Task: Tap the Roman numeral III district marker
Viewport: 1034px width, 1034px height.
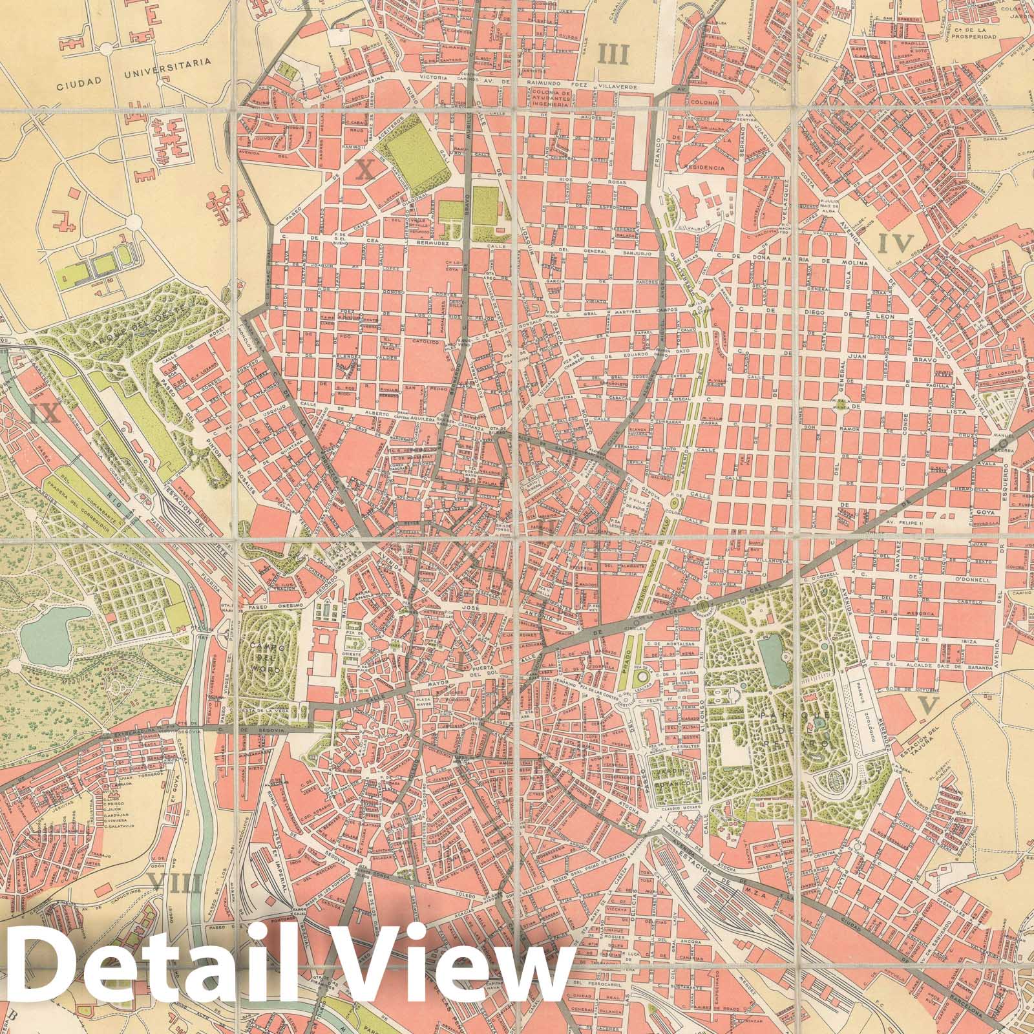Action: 613,54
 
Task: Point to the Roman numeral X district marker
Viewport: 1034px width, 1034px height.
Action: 365,169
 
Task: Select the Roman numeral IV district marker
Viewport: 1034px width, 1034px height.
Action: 896,243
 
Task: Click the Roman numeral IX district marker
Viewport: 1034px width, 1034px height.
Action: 45,414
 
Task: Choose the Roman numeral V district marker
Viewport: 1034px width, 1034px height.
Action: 928,705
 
